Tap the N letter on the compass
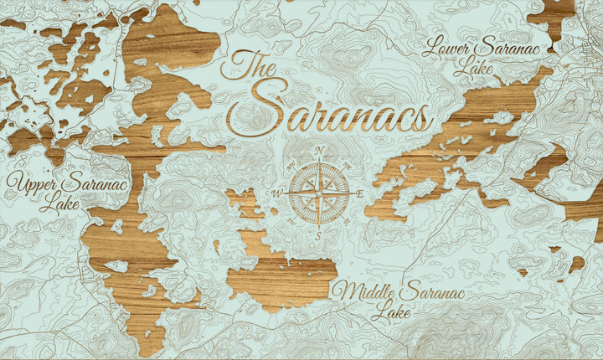(x=320, y=152)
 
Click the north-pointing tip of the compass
(x=319, y=160)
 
